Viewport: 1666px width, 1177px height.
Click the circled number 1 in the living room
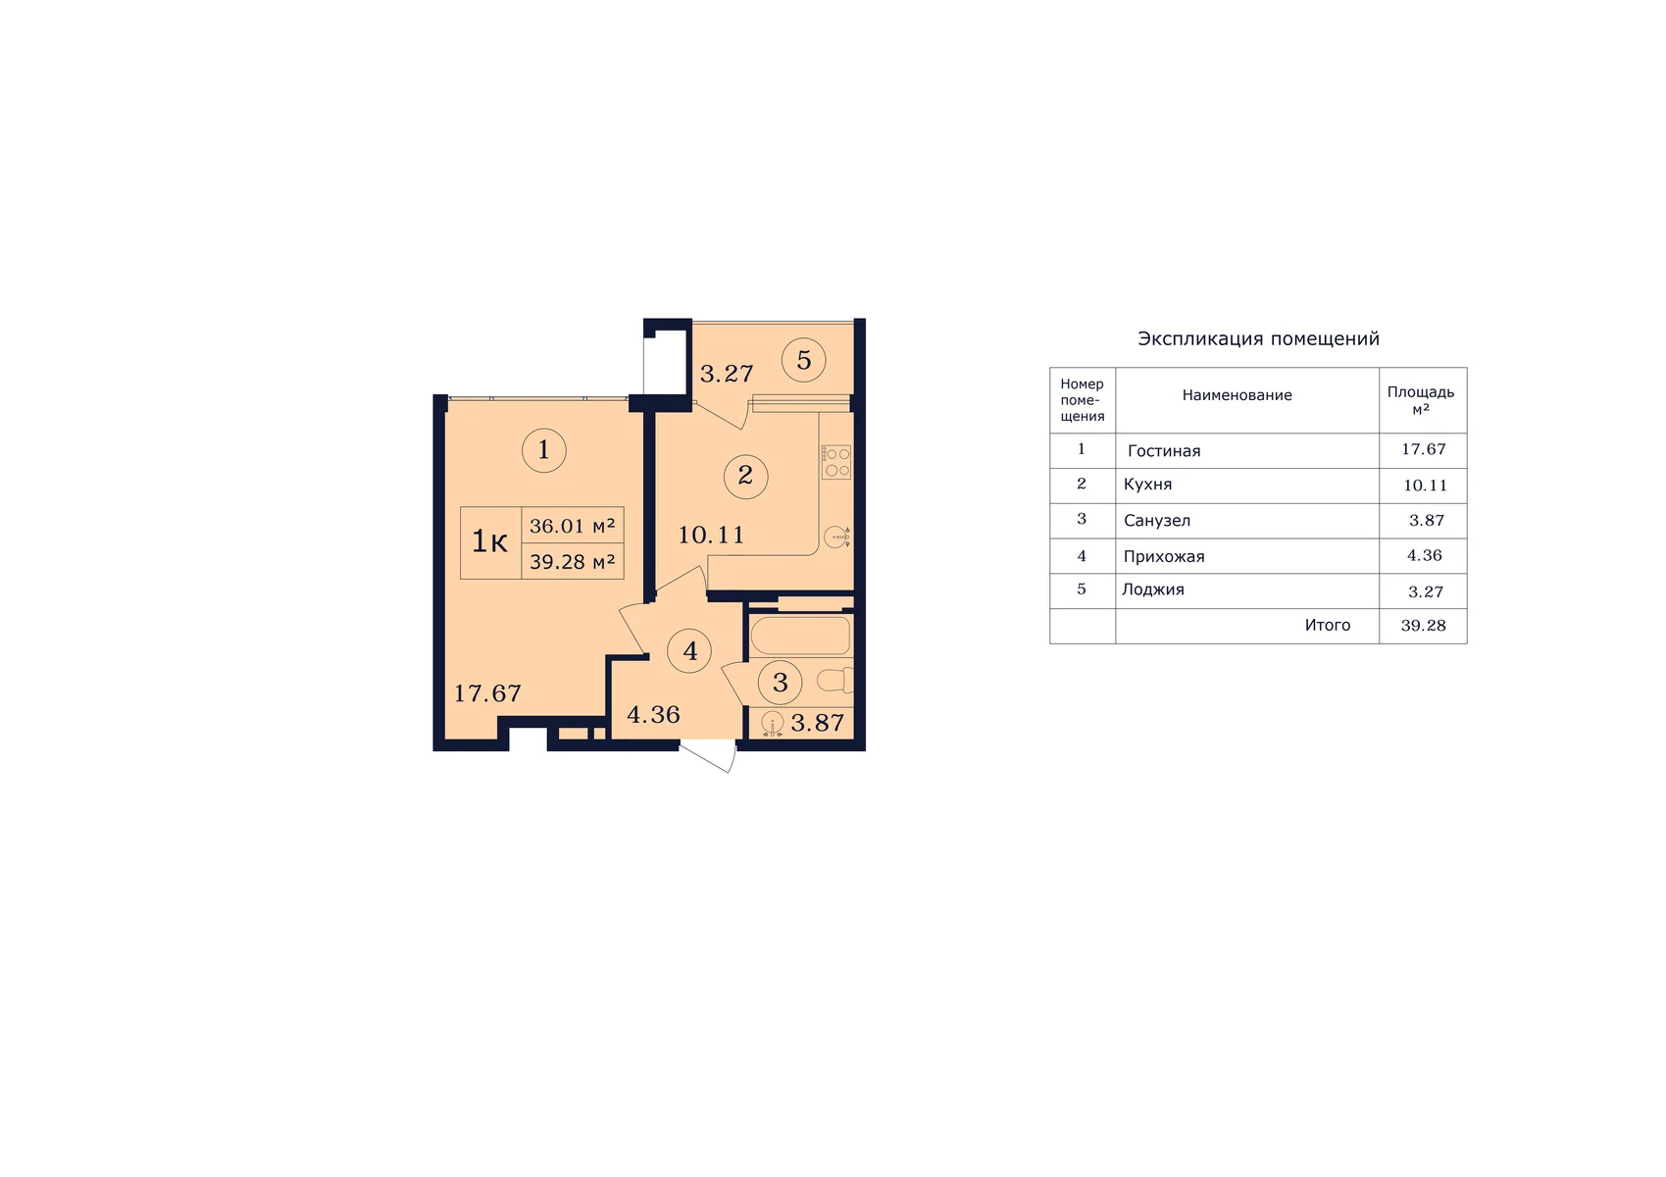[x=543, y=450]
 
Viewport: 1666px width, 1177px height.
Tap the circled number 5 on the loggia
[x=803, y=360]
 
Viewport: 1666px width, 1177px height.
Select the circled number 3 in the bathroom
[x=781, y=683]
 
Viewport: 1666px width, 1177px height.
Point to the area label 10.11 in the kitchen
[x=711, y=535]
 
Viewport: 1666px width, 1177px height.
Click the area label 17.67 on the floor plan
[x=488, y=693]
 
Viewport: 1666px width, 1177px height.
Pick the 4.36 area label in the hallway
[x=654, y=715]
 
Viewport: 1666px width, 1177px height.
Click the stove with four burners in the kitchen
[x=836, y=462]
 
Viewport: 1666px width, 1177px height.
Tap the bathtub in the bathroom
[x=800, y=636]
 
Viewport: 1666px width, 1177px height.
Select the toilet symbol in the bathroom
[x=835, y=680]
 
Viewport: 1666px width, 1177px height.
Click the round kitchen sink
[x=837, y=537]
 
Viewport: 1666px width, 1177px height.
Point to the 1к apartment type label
[x=490, y=540]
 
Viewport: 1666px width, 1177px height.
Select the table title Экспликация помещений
[x=1258, y=339]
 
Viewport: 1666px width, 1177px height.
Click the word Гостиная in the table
[x=1164, y=451]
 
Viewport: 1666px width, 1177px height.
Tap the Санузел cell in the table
[x=1156, y=520]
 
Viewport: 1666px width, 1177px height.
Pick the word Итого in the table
[x=1328, y=625]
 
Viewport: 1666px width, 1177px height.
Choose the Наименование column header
[x=1237, y=395]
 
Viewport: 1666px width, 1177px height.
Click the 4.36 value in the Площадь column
[x=1424, y=556]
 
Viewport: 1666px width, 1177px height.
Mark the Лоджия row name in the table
[x=1153, y=589]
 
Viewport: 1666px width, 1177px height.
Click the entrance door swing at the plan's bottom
[x=709, y=755]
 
